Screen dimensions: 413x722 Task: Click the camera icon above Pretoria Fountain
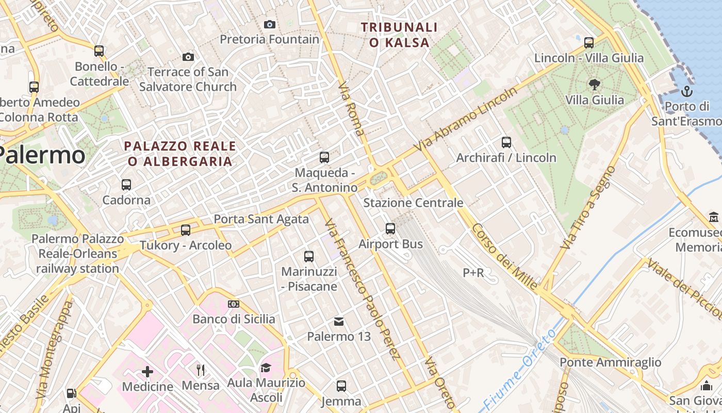pyautogui.click(x=269, y=24)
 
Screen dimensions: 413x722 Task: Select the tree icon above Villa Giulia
pyautogui.click(x=594, y=85)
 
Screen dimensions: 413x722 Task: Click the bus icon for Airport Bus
pyautogui.click(x=390, y=228)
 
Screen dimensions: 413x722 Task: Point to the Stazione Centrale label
pyautogui.click(x=413, y=203)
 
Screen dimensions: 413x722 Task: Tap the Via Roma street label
pyautogui.click(x=352, y=109)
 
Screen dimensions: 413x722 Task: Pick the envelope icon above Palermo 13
pyautogui.click(x=339, y=322)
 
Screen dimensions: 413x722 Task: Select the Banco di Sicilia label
pyautogui.click(x=234, y=319)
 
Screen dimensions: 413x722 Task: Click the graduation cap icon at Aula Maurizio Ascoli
pyautogui.click(x=266, y=368)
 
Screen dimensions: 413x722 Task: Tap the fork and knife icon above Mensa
pyautogui.click(x=201, y=370)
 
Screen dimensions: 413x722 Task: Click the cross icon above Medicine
pyautogui.click(x=147, y=371)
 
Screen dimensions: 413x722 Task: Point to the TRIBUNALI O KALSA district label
pyautogui.click(x=399, y=35)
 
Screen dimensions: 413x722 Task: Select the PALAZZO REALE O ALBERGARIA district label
pyautogui.click(x=180, y=154)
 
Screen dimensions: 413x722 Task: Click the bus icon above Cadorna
pyautogui.click(x=126, y=184)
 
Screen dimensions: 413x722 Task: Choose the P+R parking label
pyautogui.click(x=473, y=273)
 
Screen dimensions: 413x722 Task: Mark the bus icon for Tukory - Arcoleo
pyautogui.click(x=186, y=230)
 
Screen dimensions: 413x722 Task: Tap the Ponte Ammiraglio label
pyautogui.click(x=610, y=362)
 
